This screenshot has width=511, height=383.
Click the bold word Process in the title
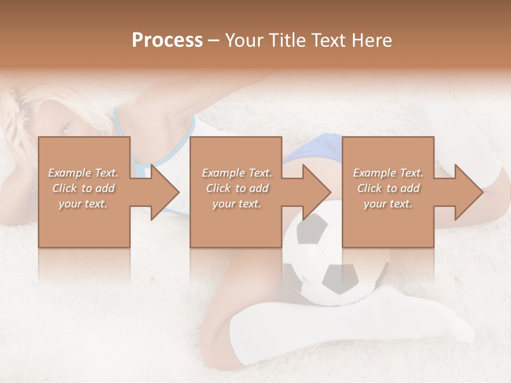coord(167,40)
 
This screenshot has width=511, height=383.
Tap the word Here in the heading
coord(372,40)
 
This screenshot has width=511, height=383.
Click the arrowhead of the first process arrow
coord(164,192)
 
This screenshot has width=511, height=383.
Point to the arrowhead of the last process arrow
coord(468,192)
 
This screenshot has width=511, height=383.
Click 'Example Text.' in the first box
coord(84,173)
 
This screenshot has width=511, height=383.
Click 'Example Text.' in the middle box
coord(237,173)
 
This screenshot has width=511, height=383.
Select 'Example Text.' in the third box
coord(388,173)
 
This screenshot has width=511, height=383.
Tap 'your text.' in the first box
coord(84,204)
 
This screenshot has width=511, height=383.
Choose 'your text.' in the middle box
coord(237,204)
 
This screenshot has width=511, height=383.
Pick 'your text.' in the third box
coord(388,204)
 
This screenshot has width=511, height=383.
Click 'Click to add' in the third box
coord(388,188)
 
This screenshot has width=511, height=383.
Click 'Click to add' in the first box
coord(84,188)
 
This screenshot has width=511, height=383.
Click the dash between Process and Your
coord(214,41)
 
